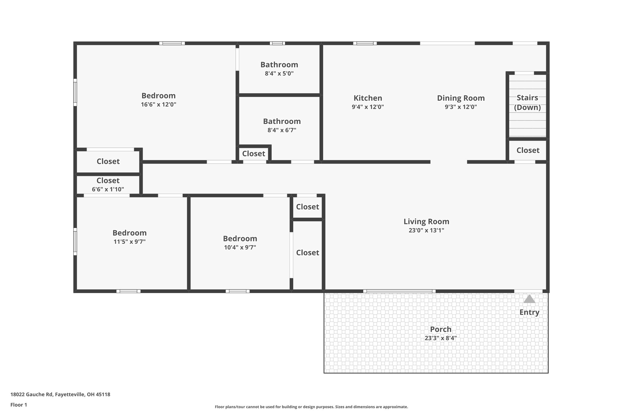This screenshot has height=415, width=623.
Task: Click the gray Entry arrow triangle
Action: pyautogui.click(x=529, y=299)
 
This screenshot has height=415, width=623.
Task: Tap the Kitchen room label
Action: pyautogui.click(x=368, y=98)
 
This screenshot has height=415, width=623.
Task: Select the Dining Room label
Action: pyautogui.click(x=461, y=98)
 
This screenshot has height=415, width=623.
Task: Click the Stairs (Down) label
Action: pyautogui.click(x=527, y=102)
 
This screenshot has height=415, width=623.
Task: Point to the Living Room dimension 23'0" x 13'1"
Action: pyautogui.click(x=426, y=230)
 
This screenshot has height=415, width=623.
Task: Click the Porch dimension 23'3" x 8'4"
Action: pyautogui.click(x=440, y=338)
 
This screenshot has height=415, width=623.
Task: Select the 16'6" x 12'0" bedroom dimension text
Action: pyautogui.click(x=158, y=105)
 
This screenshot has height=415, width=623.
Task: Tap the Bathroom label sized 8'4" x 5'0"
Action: pyautogui.click(x=279, y=65)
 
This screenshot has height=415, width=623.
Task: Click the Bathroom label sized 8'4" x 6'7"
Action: pyautogui.click(x=282, y=121)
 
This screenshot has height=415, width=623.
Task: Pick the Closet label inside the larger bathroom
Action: pyautogui.click(x=253, y=154)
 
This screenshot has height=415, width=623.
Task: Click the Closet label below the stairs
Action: pyautogui.click(x=528, y=150)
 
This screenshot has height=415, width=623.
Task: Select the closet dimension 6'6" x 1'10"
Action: pyautogui.click(x=108, y=189)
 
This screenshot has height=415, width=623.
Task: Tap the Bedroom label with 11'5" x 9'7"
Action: pyautogui.click(x=130, y=233)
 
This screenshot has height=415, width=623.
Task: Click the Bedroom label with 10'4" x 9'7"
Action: pyautogui.click(x=240, y=239)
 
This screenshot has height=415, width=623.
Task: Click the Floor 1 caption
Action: pyautogui.click(x=19, y=405)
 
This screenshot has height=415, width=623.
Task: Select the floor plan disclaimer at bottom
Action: pyautogui.click(x=311, y=407)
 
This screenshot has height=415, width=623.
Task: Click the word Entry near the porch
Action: pyautogui.click(x=529, y=312)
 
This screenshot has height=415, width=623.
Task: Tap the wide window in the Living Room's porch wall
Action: pyautogui.click(x=399, y=291)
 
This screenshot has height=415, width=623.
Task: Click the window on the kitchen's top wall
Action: pyautogui.click(x=365, y=43)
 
